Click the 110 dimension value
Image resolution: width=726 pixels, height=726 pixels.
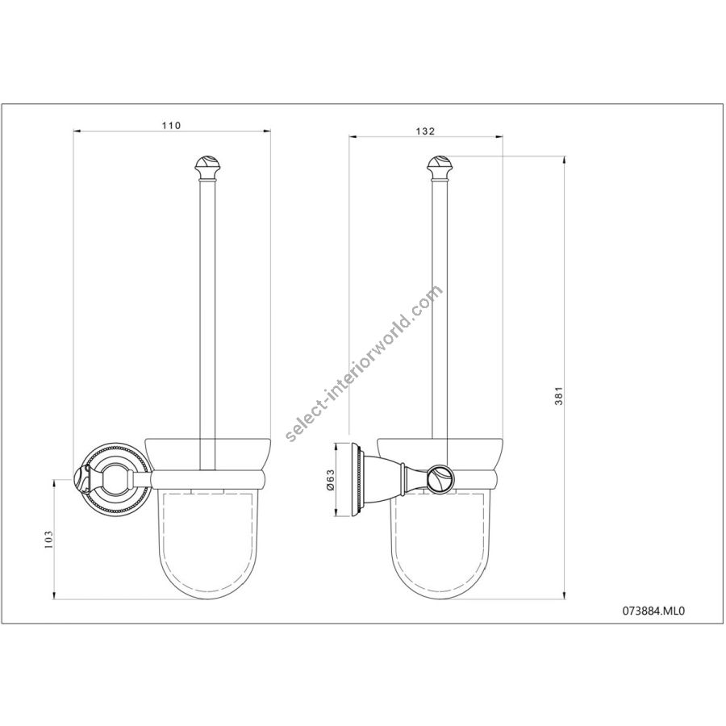point(171,126)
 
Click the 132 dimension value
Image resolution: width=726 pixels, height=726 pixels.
point(425,131)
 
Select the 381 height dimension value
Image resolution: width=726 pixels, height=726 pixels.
point(559,396)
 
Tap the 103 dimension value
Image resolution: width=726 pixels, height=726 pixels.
point(49,540)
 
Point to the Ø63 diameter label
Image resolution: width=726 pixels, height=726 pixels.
point(330,480)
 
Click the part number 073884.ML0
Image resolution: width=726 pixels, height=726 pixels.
point(653,611)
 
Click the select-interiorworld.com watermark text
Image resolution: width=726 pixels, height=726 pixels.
point(364,364)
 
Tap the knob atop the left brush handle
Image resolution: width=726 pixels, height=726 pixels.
point(207,169)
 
